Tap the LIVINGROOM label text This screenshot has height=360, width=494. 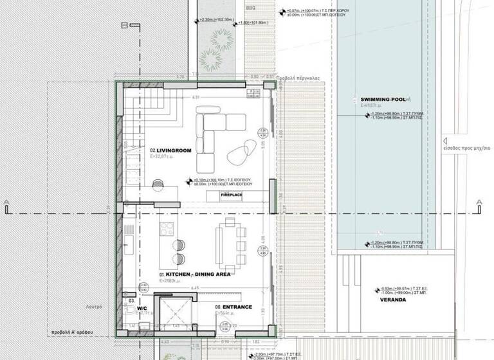tap(172, 150)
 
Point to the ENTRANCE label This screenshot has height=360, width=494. tap(237, 307)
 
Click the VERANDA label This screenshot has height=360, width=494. tap(393, 300)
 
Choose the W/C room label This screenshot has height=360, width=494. tap(142, 307)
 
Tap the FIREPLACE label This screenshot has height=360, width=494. tap(232, 194)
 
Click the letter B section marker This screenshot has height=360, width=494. tap(122, 25)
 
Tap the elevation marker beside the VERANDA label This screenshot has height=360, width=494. tap(378, 291)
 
